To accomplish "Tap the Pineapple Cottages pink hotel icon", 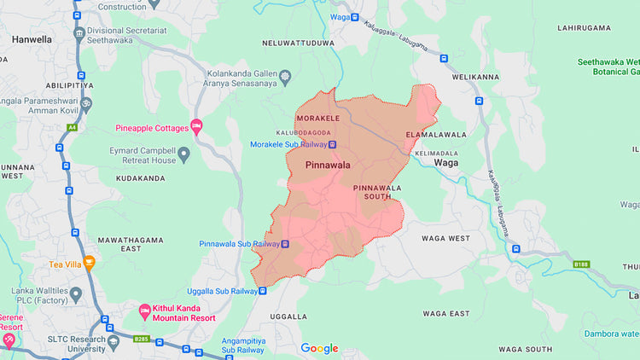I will click(196, 128).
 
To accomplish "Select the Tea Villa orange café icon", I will click(89, 264).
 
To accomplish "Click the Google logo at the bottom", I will click(319, 348).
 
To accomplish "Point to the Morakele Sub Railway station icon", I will click(332, 144).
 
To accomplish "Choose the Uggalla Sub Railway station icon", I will click(263, 291).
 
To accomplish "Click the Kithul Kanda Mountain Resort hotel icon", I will click(144, 308).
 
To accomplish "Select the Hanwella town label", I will click(32, 39).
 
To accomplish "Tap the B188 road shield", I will click(581, 264).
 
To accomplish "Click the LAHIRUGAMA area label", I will click(585, 28).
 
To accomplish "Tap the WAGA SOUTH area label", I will click(525, 349).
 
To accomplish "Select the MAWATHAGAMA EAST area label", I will click(131, 244).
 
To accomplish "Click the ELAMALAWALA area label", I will click(436, 135).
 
